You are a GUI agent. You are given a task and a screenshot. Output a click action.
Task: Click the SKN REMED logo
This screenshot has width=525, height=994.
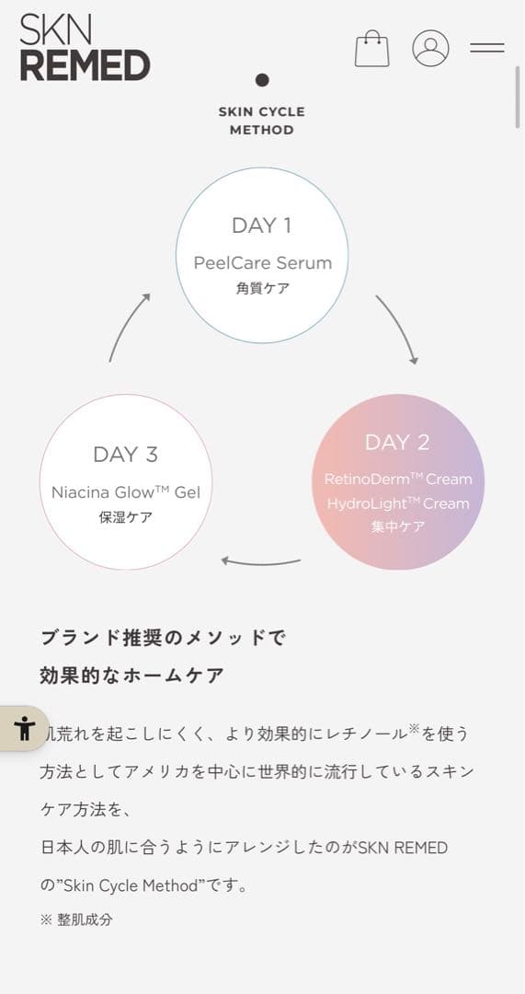coord(85,48)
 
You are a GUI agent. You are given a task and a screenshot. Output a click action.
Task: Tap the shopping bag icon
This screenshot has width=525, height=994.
coord(371,48)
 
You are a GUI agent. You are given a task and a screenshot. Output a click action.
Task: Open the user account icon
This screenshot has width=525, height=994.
coord(430,48)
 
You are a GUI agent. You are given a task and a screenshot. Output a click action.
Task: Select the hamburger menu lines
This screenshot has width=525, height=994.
coord(487,48)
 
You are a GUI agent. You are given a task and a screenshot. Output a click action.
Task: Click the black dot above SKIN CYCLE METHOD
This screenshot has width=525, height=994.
coord(262,80)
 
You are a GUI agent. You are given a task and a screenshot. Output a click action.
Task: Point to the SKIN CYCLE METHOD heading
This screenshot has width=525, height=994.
coord(261,121)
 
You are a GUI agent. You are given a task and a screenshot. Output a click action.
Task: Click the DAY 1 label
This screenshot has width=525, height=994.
coord(261,225)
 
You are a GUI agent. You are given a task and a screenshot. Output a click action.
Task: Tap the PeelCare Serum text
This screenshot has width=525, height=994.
coord(263,262)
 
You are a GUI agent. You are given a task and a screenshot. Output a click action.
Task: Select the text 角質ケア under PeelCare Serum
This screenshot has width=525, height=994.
coord(263,288)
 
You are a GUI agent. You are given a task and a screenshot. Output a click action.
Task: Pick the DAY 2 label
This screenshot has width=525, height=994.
coord(397,443)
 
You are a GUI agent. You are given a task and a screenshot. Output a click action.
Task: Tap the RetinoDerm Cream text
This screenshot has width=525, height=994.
coord(398,479)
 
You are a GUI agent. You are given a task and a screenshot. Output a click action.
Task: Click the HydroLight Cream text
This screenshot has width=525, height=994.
coord(398,503)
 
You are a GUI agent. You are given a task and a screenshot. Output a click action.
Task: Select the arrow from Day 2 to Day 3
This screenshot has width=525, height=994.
coord(261,563)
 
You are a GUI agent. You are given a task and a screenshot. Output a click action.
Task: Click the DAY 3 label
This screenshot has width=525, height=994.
coord(125,455)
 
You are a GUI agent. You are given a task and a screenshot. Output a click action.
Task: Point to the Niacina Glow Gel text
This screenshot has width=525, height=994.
coord(125,491)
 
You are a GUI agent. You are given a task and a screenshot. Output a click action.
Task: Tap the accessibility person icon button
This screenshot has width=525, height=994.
coord(24,728)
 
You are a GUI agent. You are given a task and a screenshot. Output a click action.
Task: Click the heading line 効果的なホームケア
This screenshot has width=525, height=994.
coord(131,676)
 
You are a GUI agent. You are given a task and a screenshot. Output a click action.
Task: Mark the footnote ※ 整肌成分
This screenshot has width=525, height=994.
coord(76,919)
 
